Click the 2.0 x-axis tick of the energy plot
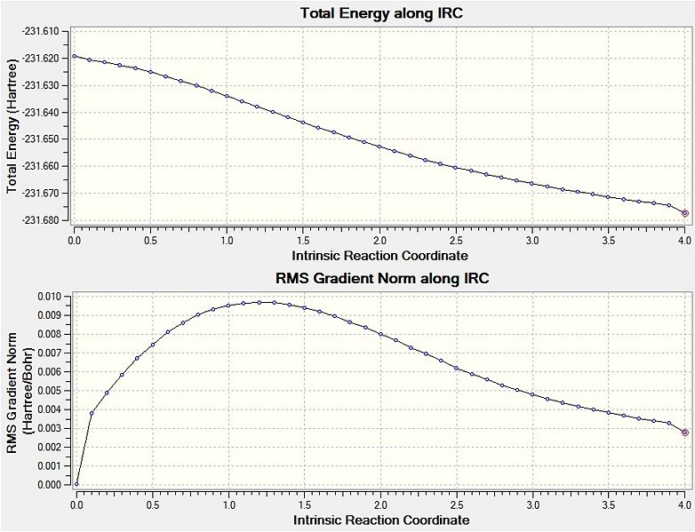379,240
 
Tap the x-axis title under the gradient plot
379,520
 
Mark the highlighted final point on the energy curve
684,213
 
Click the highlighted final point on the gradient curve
684,433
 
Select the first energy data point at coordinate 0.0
75,56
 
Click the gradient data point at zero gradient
76,484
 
